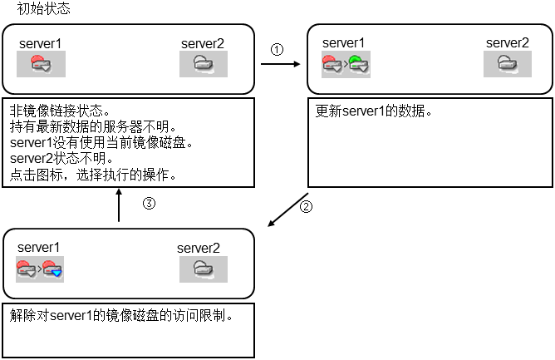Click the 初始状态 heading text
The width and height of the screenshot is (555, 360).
tap(44, 10)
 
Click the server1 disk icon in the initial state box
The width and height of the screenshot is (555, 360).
tap(42, 63)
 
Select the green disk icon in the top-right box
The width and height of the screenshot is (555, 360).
tap(359, 63)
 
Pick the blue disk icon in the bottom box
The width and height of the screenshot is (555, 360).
tap(53, 269)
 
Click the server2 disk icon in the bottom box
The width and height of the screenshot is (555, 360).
tap(204, 269)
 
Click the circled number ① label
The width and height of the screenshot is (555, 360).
tap(277, 49)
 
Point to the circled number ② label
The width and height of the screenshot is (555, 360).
tap(306, 207)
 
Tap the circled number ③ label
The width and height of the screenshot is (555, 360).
tap(150, 203)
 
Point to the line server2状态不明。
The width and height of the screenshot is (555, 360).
tap(61, 159)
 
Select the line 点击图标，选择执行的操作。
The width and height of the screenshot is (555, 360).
tap(92, 175)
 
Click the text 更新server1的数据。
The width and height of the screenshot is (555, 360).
tap(374, 111)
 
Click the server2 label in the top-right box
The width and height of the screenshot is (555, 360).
tap(508, 42)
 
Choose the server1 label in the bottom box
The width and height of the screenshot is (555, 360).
tap(39, 247)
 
